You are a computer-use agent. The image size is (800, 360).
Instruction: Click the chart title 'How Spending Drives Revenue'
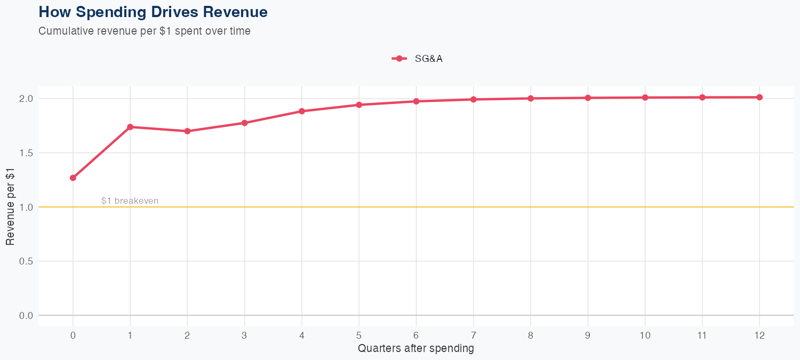[x=153, y=12]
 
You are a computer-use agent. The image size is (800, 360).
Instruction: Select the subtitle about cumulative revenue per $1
[x=145, y=31]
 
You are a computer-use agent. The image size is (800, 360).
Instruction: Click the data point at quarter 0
[x=73, y=178]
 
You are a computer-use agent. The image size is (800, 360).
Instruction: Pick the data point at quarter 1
[x=130, y=127]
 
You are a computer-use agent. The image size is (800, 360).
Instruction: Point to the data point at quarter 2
[x=187, y=131]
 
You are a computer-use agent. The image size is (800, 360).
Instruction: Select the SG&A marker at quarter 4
[x=302, y=111]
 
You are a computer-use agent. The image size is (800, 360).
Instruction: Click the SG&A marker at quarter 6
[x=416, y=101]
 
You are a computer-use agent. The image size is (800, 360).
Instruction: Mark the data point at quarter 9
[x=588, y=98]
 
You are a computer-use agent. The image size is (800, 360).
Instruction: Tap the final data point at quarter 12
[x=759, y=97]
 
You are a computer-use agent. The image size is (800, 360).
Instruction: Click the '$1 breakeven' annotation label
[x=130, y=201]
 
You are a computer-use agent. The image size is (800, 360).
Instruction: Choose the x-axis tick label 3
[x=244, y=335]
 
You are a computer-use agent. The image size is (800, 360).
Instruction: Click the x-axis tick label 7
[x=473, y=335]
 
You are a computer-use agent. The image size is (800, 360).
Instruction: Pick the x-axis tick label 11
[x=702, y=335]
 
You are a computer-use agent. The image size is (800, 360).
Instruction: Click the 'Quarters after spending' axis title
[x=416, y=349]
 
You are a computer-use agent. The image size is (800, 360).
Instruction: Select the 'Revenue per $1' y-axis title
[x=10, y=207]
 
